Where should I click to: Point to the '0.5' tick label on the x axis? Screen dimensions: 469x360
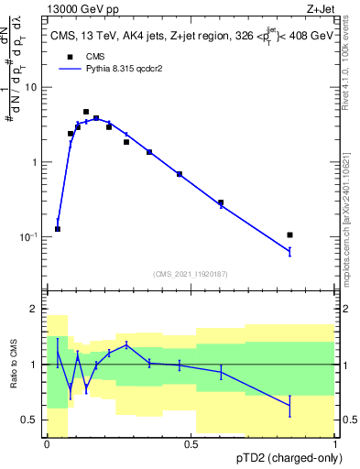tap(191, 443)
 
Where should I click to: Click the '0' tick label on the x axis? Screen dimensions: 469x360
tap(47, 443)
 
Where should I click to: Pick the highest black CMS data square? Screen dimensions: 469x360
tap(86, 112)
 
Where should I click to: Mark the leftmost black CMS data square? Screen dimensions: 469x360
tap(58, 229)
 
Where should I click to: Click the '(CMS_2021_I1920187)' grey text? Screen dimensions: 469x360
tap(191, 273)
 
